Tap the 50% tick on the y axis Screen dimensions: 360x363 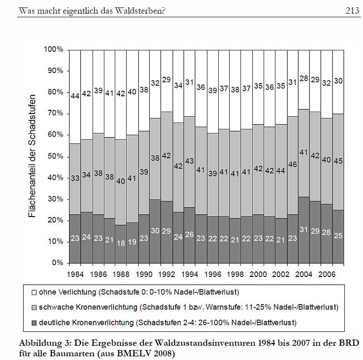click(54, 156)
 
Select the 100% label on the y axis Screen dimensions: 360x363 click(53, 49)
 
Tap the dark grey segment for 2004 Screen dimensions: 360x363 click(304, 230)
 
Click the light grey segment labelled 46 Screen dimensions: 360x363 click(293, 165)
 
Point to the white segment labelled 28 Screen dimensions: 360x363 click(304, 79)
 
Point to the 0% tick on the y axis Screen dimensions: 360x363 click(56, 263)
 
